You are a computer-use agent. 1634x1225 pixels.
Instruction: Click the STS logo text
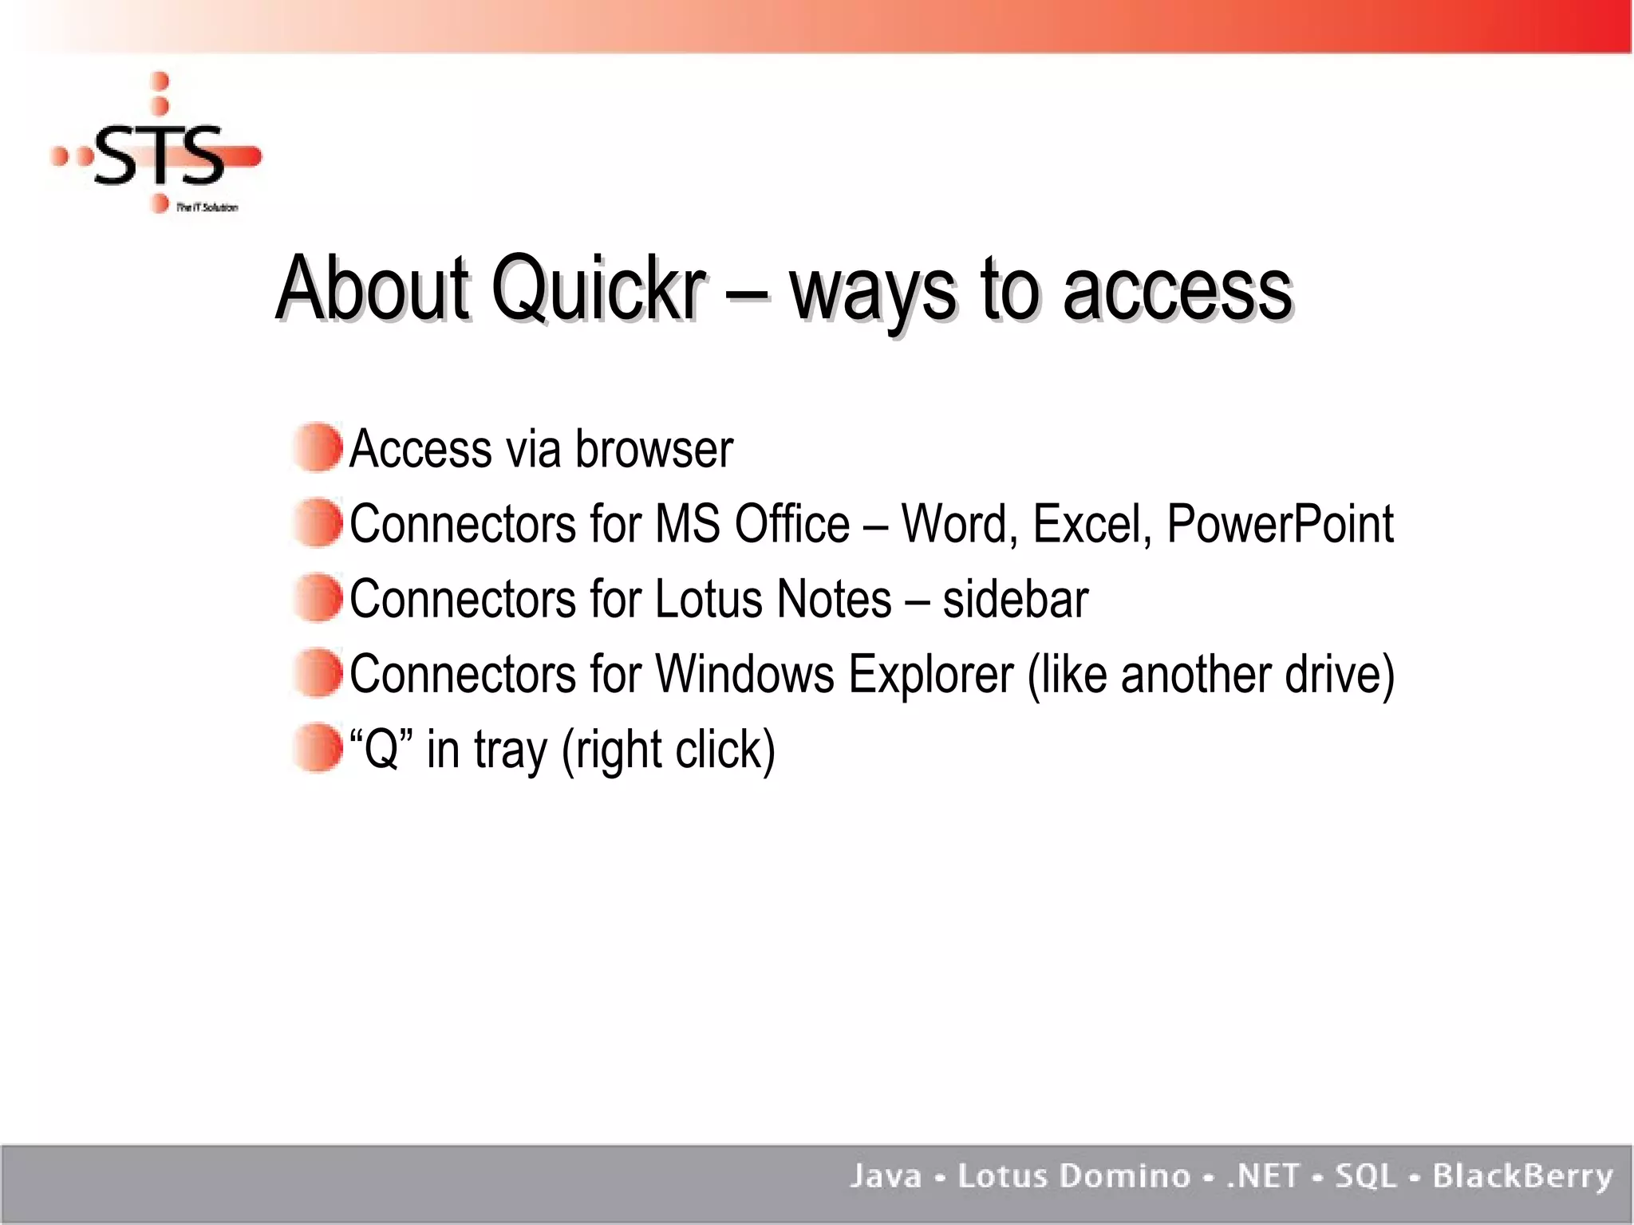pos(160,155)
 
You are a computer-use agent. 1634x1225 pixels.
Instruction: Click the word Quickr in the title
pos(598,289)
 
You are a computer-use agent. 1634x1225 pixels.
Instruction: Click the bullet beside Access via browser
pos(318,447)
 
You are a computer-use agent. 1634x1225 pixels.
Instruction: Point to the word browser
pos(653,449)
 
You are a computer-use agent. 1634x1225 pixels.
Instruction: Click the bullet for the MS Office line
pos(318,522)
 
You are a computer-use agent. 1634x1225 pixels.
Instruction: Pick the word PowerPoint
pos(1280,524)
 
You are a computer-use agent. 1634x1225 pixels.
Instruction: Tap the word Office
pos(791,524)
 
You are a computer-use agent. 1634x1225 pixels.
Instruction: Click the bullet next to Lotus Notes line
pos(318,597)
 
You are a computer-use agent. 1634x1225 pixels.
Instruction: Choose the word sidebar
pos(1015,599)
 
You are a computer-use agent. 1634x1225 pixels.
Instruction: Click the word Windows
pos(744,674)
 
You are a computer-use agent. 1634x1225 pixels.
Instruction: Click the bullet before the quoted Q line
pos(318,747)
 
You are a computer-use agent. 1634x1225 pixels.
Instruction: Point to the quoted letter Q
pos(381,749)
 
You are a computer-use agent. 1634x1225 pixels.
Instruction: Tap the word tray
pos(511,750)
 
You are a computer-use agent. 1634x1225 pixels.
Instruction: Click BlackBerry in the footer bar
pos(1522,1176)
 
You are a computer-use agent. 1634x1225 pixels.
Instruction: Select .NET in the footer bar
pos(1263,1176)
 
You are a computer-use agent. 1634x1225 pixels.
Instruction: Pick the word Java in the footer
pos(885,1176)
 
